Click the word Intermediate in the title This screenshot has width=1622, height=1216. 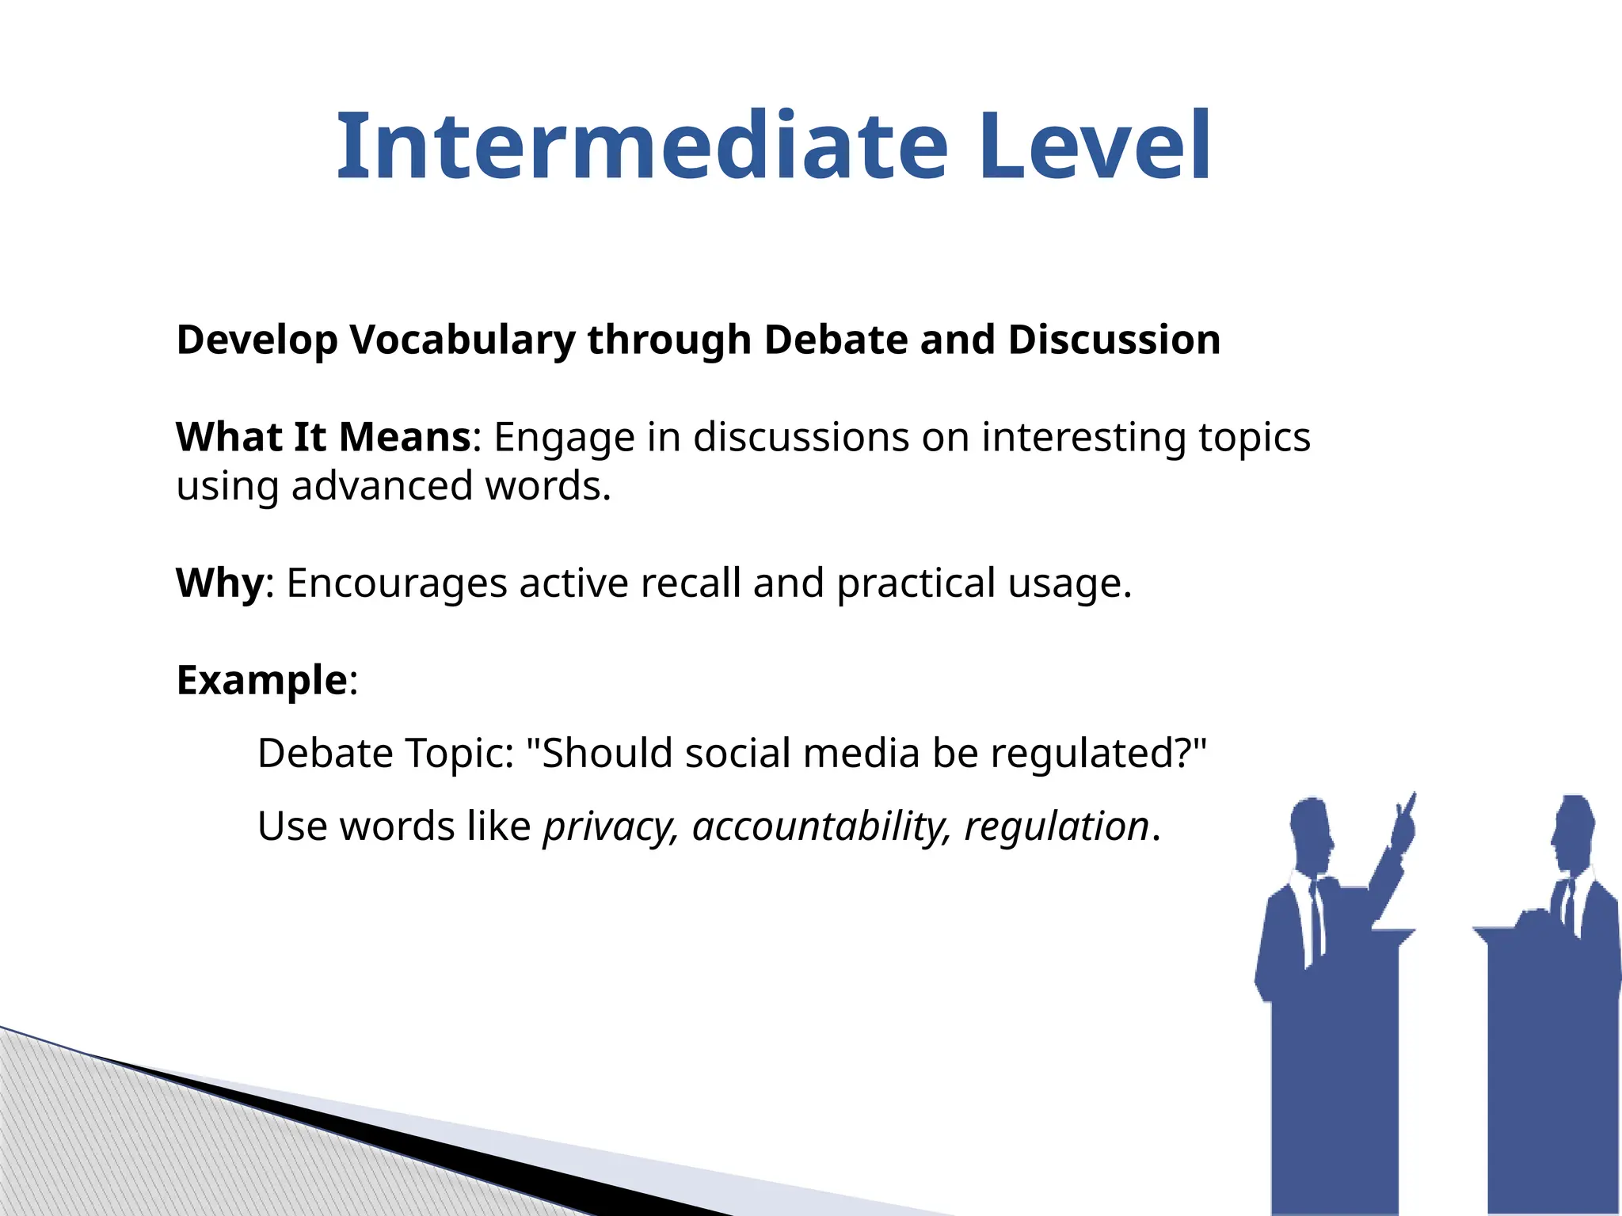(x=642, y=146)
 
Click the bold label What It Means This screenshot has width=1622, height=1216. (x=324, y=437)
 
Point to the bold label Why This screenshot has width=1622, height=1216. (x=219, y=583)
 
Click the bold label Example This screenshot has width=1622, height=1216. (x=262, y=681)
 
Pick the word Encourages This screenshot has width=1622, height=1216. (x=396, y=584)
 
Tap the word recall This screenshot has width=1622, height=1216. (x=690, y=583)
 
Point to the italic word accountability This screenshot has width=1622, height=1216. (x=819, y=828)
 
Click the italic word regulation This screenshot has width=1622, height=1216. (x=1056, y=827)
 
